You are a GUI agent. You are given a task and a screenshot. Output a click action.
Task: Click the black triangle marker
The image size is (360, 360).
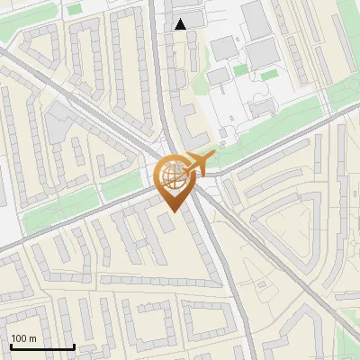(181, 24)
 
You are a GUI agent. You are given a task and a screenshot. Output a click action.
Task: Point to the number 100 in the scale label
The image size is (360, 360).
(19, 338)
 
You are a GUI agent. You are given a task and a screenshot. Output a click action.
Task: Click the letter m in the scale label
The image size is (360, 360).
(32, 338)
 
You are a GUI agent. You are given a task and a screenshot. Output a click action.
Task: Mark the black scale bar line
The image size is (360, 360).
(41, 347)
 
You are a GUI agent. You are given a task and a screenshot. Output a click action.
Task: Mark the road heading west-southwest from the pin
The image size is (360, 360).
(72, 220)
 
